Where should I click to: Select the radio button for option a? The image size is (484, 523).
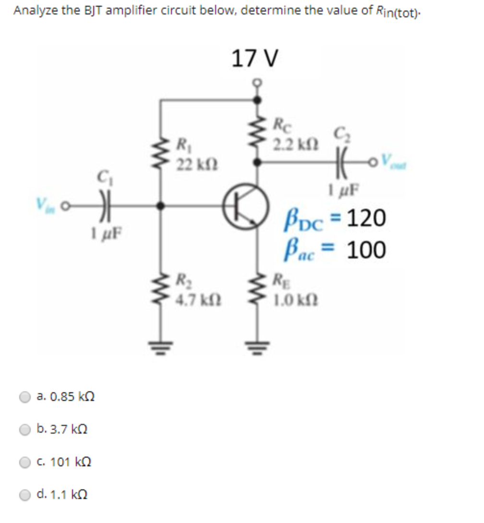pyautogui.click(x=25, y=397)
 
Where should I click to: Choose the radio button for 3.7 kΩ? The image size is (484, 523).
pyautogui.click(x=25, y=430)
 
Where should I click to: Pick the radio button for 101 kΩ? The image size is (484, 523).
pyautogui.click(x=25, y=462)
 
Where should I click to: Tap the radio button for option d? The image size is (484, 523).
pyautogui.click(x=25, y=495)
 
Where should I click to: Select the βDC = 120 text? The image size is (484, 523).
pyautogui.click(x=334, y=219)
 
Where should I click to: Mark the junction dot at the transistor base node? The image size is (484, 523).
pyautogui.click(x=163, y=205)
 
